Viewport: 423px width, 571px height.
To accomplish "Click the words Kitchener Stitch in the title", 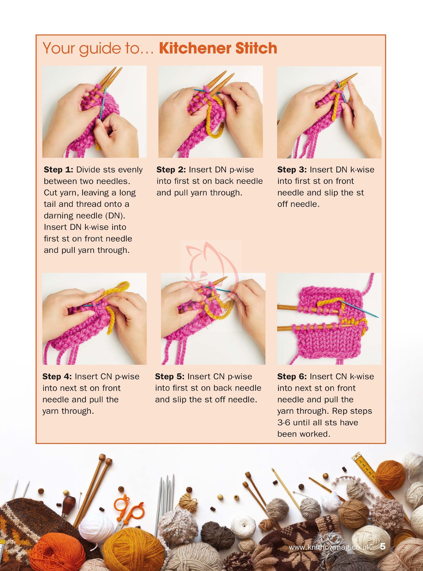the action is (x=218, y=48).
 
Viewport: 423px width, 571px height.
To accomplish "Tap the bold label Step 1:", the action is (x=59, y=170).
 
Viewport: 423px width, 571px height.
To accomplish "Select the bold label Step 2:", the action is (x=171, y=170).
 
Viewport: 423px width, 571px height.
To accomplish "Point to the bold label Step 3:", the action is (x=292, y=170).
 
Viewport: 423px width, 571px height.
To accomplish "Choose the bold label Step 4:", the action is (x=57, y=376).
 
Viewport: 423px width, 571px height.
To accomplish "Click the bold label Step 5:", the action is (x=170, y=376).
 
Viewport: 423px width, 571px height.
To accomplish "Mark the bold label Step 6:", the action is (x=292, y=376).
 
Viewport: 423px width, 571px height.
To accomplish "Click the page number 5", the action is (x=383, y=546).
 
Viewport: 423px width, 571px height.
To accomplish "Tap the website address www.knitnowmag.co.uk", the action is (x=330, y=547).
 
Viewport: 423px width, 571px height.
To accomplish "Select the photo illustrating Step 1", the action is (x=95, y=112).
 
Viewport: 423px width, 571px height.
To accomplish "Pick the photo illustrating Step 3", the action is (x=329, y=112).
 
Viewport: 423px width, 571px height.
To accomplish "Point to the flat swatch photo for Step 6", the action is (x=329, y=319).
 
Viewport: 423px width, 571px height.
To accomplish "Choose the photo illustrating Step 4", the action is (x=95, y=319).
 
